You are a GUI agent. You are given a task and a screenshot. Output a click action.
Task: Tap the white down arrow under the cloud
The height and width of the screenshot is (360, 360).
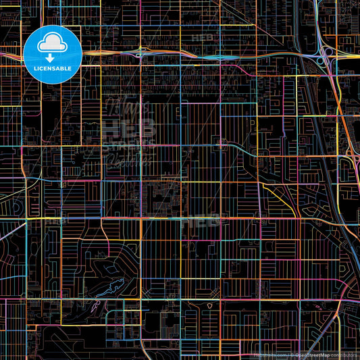click(53, 57)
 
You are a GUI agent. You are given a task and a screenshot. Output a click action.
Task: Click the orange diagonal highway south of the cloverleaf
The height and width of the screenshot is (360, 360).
click(344, 122)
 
